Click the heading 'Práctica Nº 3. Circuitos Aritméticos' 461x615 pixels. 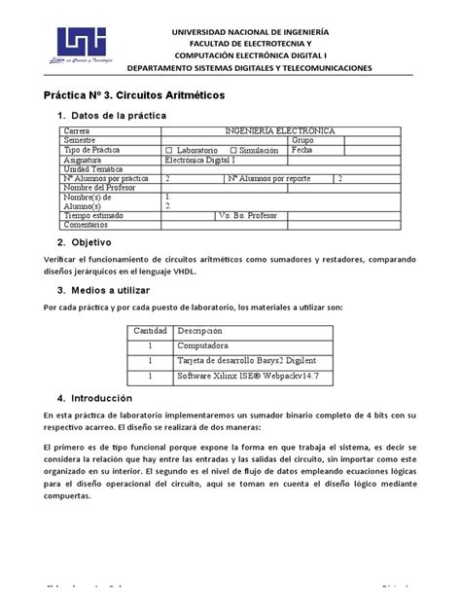pyautogui.click(x=134, y=96)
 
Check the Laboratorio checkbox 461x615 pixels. pyautogui.click(x=170, y=150)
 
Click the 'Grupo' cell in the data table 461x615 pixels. pyautogui.click(x=304, y=140)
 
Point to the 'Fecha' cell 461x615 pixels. pyautogui.click(x=303, y=150)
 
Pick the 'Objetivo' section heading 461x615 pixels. pyautogui.click(x=85, y=241)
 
